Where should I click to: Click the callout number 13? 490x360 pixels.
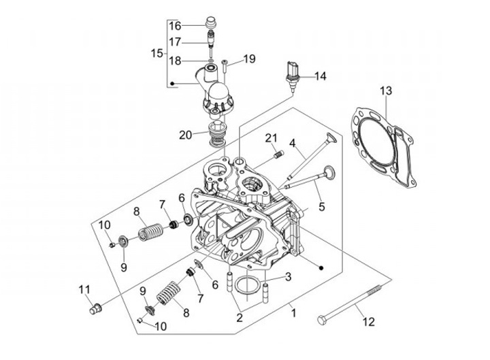tap(386, 91)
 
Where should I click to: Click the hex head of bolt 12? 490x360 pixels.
tap(322, 320)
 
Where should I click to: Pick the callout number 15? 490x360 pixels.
tap(157, 53)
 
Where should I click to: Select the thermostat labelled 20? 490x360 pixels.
tap(216, 134)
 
